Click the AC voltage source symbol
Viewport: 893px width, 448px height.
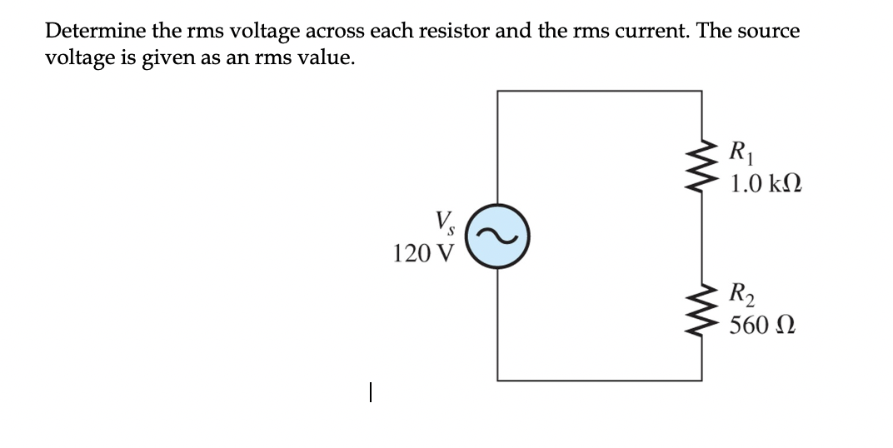click(498, 238)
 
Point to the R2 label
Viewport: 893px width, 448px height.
click(740, 294)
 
